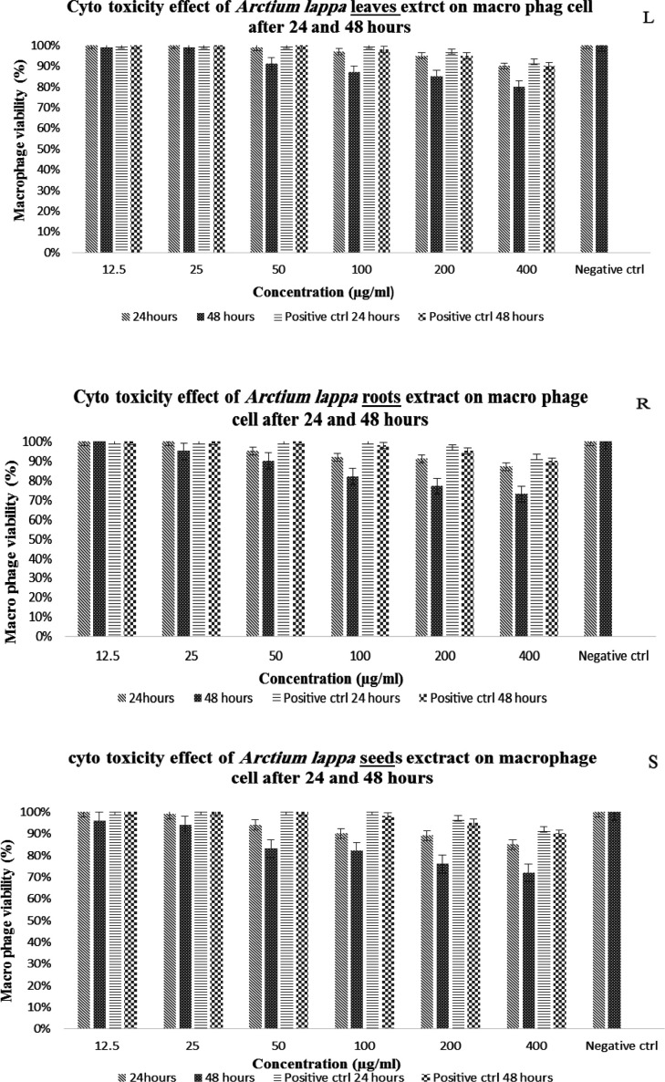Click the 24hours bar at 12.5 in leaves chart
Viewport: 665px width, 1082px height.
click(92, 149)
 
